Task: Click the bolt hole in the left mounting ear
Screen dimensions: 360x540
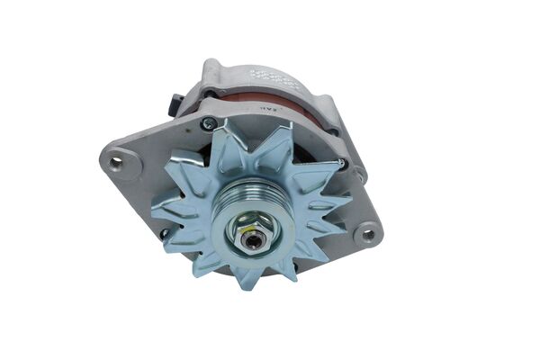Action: tap(115, 161)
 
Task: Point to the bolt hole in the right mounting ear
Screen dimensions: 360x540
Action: tap(366, 236)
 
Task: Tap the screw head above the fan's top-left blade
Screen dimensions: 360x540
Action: tap(209, 124)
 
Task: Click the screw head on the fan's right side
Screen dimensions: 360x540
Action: tap(340, 164)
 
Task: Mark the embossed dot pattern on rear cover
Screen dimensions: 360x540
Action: tap(272, 77)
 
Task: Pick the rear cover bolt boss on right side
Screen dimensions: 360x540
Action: tap(358, 171)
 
